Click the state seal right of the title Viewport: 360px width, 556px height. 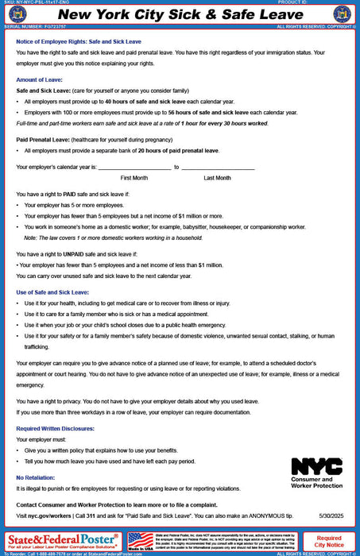tap(343, 15)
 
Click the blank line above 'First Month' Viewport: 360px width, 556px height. tap(134, 168)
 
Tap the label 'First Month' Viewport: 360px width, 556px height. tap(134, 179)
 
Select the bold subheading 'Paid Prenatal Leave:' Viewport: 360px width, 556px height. tap(45, 138)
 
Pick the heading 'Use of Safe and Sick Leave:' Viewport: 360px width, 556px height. tap(58, 293)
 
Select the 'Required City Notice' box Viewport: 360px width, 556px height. tap(329, 541)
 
